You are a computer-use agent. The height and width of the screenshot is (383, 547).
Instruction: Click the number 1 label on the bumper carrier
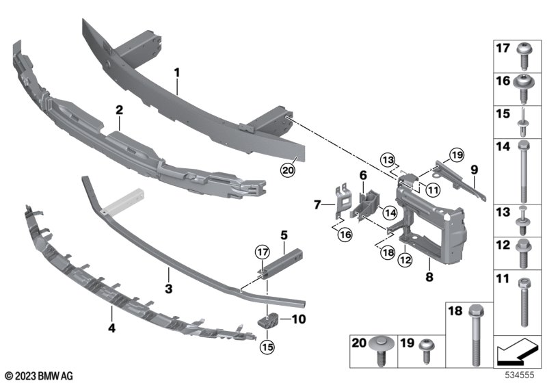coord(176,72)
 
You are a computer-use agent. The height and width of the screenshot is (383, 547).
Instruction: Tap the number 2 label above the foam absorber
coord(119,109)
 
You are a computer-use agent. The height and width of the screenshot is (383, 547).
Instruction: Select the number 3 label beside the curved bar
coord(168,272)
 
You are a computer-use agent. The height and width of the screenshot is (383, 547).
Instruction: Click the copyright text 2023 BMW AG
coord(38,375)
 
